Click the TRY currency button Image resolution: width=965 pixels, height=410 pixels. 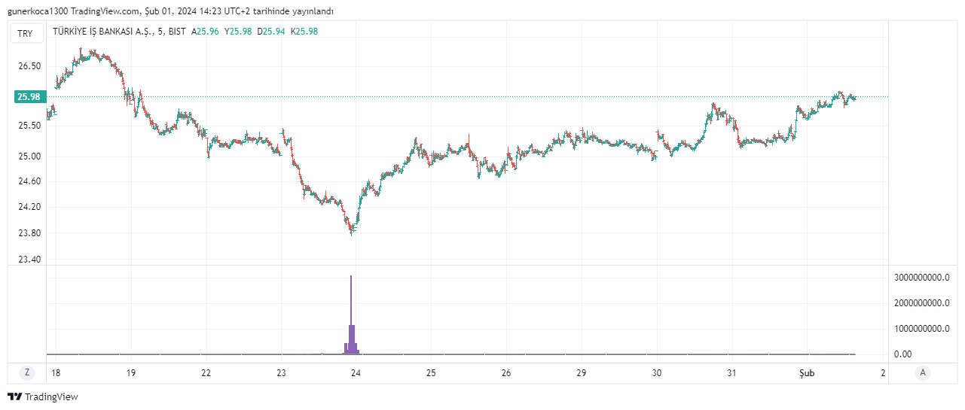(x=26, y=33)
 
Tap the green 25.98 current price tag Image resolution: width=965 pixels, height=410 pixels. (x=29, y=96)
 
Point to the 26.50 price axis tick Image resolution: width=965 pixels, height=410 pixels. (x=30, y=66)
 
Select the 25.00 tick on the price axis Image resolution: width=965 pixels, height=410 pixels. (x=30, y=156)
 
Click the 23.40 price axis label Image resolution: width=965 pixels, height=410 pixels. (x=30, y=260)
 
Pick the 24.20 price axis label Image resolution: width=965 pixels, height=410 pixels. (x=30, y=207)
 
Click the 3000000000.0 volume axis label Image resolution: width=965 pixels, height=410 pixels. (x=921, y=277)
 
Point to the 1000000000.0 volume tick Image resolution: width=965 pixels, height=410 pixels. (x=921, y=329)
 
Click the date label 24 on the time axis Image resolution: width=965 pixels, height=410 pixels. (x=356, y=372)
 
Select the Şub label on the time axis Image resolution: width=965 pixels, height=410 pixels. (x=806, y=372)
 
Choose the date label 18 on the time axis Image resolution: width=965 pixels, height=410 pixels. (x=55, y=372)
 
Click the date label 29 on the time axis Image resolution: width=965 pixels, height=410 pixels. (x=582, y=372)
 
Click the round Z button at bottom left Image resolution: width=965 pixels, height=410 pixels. (x=27, y=372)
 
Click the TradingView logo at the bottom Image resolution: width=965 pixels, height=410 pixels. (x=43, y=396)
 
